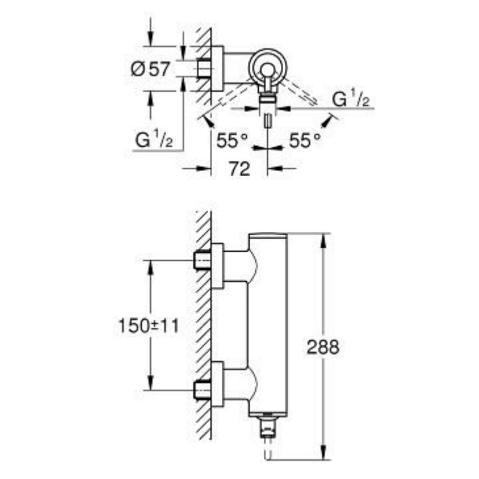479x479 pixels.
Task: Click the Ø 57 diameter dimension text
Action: click(150, 70)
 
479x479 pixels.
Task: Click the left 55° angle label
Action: click(232, 141)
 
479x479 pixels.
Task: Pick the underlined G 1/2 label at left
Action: click(154, 141)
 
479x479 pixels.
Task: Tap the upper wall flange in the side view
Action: click(217, 266)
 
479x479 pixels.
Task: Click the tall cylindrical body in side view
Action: click(268, 326)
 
